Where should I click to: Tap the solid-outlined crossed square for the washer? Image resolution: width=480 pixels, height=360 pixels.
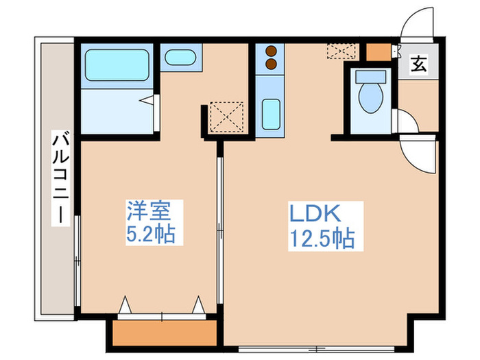click(226, 116)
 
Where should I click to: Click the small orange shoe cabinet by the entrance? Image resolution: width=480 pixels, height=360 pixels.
click(376, 52)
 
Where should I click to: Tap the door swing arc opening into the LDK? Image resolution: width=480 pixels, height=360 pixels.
click(418, 154)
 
